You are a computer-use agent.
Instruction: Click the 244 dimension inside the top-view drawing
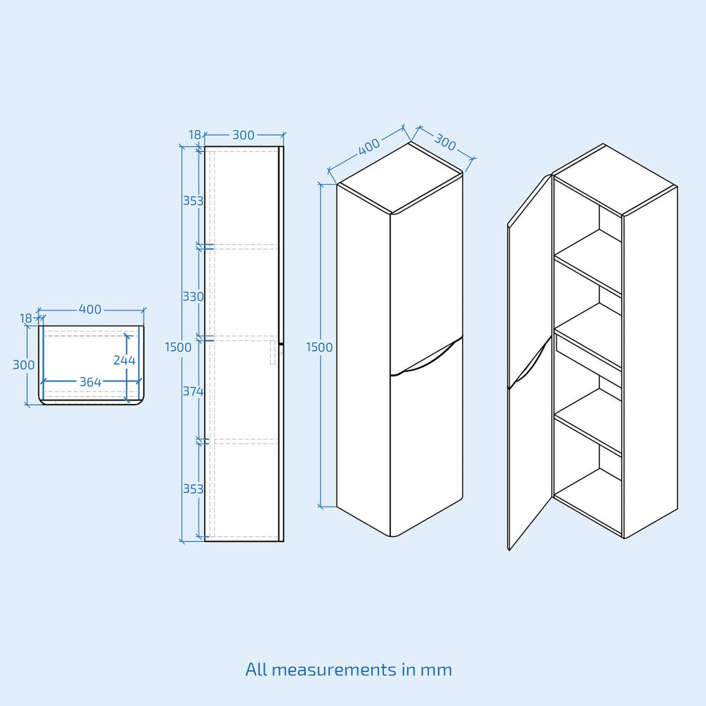point(124,360)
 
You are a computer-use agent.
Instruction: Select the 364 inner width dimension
point(90,382)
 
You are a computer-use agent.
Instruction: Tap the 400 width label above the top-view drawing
point(90,310)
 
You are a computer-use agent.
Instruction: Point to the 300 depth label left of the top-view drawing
point(23,365)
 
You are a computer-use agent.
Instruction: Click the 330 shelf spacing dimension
point(193,296)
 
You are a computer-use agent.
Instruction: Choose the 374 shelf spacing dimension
point(193,392)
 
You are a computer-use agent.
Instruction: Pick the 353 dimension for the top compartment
point(193,201)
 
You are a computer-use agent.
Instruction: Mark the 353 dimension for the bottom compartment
point(193,488)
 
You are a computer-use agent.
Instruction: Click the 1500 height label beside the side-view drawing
point(178,347)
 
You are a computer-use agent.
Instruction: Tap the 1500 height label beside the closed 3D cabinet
point(319,347)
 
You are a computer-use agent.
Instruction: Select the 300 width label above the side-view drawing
point(243,135)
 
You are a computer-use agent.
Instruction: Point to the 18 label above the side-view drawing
point(194,135)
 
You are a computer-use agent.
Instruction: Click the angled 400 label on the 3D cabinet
point(369,145)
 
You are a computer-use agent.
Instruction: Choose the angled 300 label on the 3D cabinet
point(445,142)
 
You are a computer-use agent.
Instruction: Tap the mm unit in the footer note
point(438,669)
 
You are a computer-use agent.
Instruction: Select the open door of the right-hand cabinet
point(529,359)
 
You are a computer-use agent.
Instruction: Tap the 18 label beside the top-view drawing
point(26,318)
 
